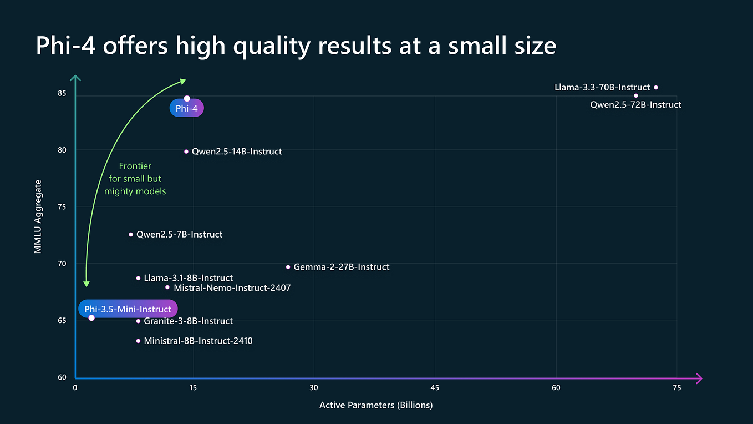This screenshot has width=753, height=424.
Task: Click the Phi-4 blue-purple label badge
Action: click(x=187, y=109)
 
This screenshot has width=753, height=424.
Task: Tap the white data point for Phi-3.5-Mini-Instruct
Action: click(x=91, y=317)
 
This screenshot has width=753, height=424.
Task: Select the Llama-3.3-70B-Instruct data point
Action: click(x=656, y=87)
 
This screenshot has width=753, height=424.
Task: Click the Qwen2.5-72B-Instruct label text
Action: click(x=635, y=104)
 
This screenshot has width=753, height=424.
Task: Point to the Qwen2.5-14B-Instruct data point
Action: click(x=186, y=152)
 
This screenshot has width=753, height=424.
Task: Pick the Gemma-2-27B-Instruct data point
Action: click(x=288, y=267)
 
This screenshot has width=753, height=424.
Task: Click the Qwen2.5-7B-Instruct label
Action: click(x=179, y=235)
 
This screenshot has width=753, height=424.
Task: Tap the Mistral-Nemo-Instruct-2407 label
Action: click(x=232, y=288)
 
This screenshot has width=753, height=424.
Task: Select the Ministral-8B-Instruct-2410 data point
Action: click(x=138, y=341)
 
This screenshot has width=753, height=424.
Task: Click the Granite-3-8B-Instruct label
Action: click(x=188, y=321)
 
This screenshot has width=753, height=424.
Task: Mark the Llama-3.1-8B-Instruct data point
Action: click(x=138, y=278)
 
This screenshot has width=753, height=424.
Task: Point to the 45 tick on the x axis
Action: click(x=435, y=387)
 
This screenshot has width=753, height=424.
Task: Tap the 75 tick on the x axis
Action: click(x=676, y=387)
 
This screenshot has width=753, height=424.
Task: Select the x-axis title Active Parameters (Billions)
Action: click(x=376, y=405)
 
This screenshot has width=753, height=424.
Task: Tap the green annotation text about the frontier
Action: click(x=135, y=179)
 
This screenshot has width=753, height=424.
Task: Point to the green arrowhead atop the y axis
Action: click(x=75, y=78)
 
